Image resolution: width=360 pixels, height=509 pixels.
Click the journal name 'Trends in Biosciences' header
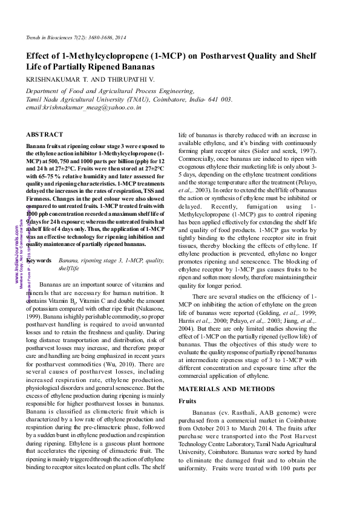pos(48,38)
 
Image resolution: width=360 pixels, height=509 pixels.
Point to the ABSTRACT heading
pos(45,134)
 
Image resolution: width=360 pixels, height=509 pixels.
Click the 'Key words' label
pos(40,260)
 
